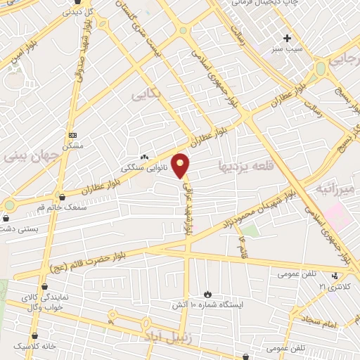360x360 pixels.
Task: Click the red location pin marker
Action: (181, 165)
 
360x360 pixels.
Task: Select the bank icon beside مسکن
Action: (72, 134)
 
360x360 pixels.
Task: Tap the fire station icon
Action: (207, 294)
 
